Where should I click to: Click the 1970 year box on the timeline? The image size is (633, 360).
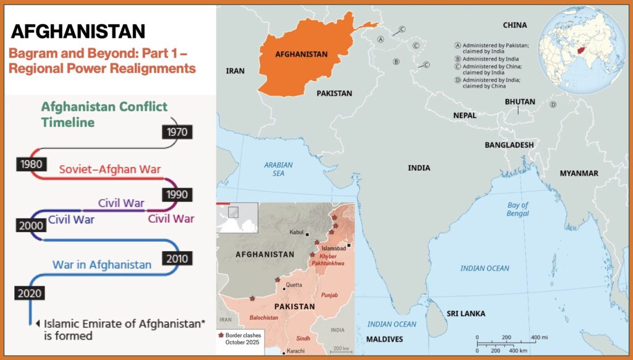click(176, 131)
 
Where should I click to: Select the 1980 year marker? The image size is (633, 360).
click(30, 165)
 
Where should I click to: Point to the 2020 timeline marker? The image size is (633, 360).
click(30, 293)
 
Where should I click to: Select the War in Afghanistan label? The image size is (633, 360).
click(102, 265)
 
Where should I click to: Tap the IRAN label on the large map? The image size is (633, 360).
click(236, 71)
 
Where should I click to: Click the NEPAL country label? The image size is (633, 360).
click(464, 116)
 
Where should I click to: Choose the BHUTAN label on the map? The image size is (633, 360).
click(519, 101)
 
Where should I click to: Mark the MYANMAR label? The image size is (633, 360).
click(579, 173)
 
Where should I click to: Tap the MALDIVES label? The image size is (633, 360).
click(384, 339)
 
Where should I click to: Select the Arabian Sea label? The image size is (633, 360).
click(278, 169)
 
